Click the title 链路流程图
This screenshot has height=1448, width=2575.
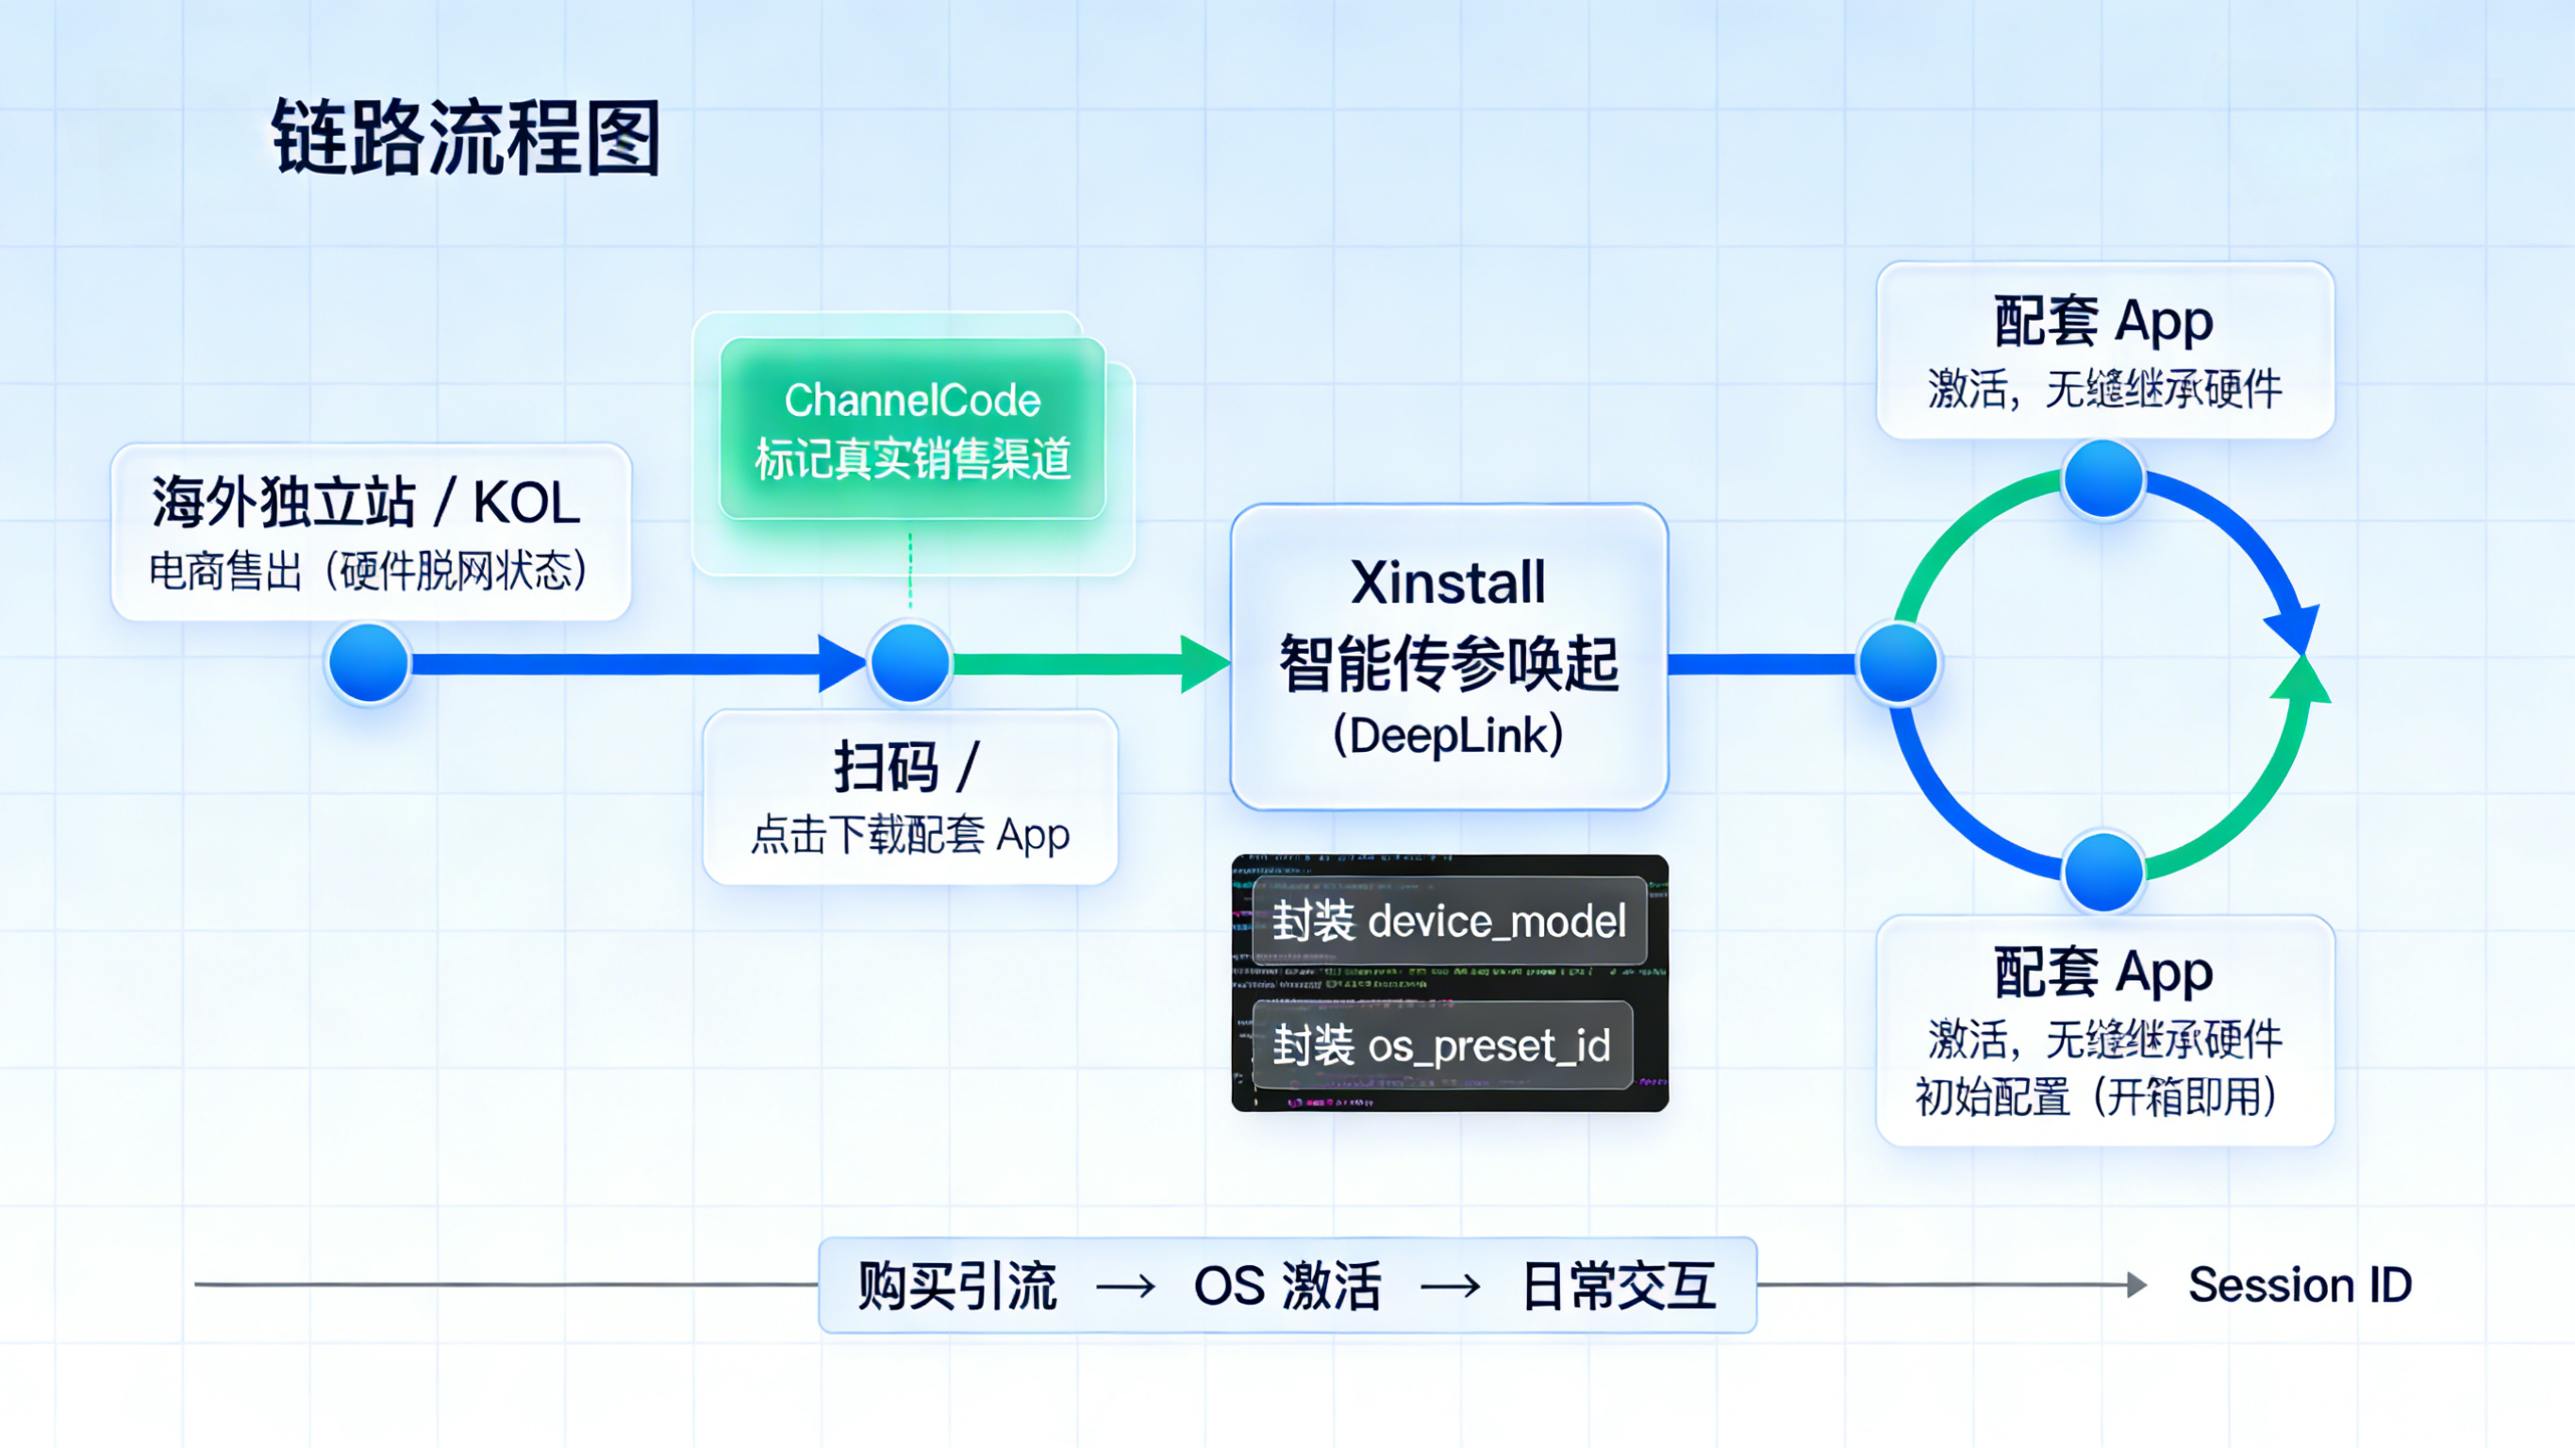466,138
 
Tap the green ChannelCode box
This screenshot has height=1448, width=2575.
912,429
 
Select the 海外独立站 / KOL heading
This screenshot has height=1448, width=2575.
366,502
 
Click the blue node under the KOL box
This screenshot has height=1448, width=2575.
368,663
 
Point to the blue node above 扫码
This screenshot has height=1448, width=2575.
909,663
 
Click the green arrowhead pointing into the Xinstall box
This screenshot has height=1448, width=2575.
1204,663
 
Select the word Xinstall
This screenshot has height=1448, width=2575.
1448,582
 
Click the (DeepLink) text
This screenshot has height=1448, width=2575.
1448,735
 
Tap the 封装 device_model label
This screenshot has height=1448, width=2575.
1449,921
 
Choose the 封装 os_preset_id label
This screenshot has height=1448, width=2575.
1441,1046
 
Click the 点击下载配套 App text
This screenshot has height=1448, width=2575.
909,834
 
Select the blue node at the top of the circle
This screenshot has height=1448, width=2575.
2103,480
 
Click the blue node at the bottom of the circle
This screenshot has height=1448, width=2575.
2103,871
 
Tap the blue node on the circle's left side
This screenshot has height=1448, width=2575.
1897,663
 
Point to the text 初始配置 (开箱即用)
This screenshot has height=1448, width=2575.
2095,1097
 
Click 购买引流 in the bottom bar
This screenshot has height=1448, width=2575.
956,1285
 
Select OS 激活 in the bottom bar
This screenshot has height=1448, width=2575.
1287,1285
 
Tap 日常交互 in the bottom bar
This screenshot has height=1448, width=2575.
1618,1285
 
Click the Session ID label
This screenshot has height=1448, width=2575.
2300,1285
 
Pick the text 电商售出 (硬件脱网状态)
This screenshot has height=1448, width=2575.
368,571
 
